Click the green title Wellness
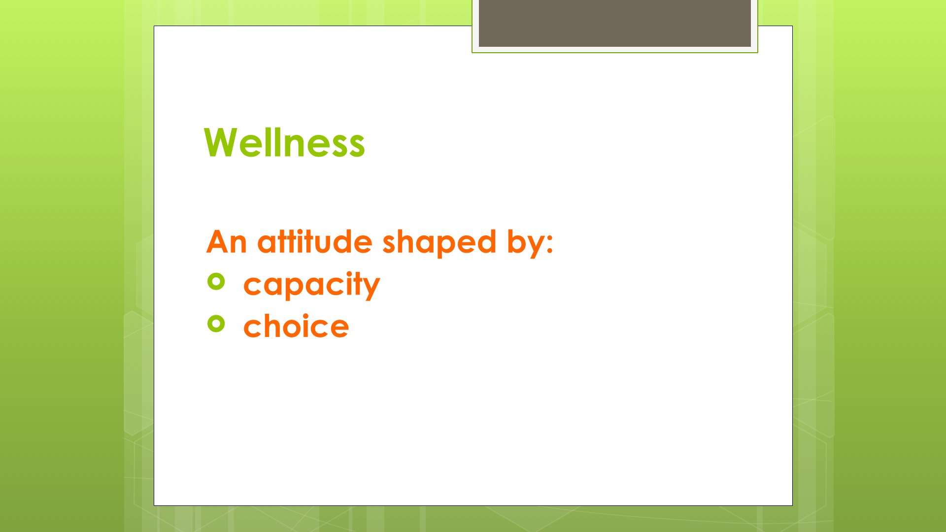(284, 142)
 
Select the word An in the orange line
(227, 242)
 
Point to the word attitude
(315, 241)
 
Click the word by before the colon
(524, 243)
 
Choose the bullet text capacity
(312, 285)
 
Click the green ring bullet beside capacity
(216, 281)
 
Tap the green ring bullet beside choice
(216, 324)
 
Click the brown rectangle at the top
(615, 23)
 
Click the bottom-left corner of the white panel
(154, 505)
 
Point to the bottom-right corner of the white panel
(792, 505)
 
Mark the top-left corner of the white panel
(154, 26)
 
